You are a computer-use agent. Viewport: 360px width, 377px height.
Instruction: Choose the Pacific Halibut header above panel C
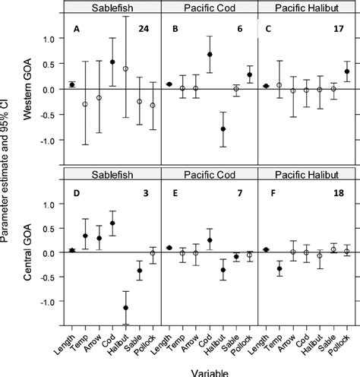pos(306,7)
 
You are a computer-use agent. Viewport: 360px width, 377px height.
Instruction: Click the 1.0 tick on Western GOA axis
pos(52,38)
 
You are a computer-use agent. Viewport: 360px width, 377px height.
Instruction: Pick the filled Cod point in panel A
pos(112,62)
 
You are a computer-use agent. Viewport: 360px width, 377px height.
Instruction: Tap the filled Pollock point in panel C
pos(347,71)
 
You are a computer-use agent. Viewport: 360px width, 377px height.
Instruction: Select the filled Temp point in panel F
pos(279,268)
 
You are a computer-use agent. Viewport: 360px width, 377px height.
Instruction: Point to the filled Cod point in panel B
pos(210,55)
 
